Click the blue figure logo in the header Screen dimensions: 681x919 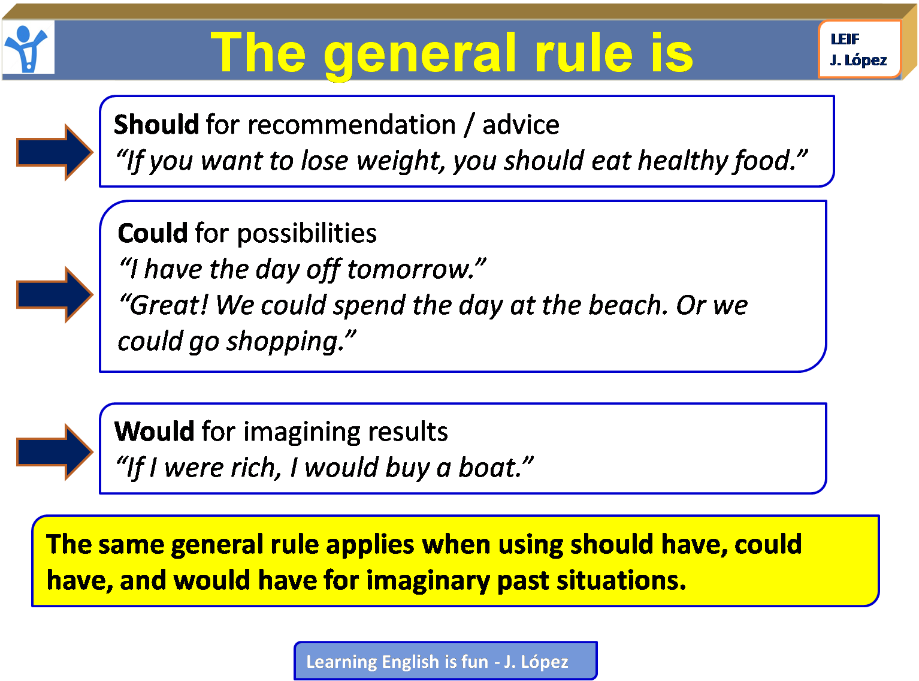tap(28, 48)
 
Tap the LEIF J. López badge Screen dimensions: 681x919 tap(859, 49)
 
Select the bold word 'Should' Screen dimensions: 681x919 tap(156, 125)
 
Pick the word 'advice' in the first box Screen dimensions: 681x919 tap(521, 125)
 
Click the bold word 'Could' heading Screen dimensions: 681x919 tap(153, 233)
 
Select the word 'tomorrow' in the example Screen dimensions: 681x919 tap(411, 270)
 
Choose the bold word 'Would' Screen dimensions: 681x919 tap(155, 432)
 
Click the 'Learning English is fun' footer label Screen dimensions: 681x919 tap(445, 661)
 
